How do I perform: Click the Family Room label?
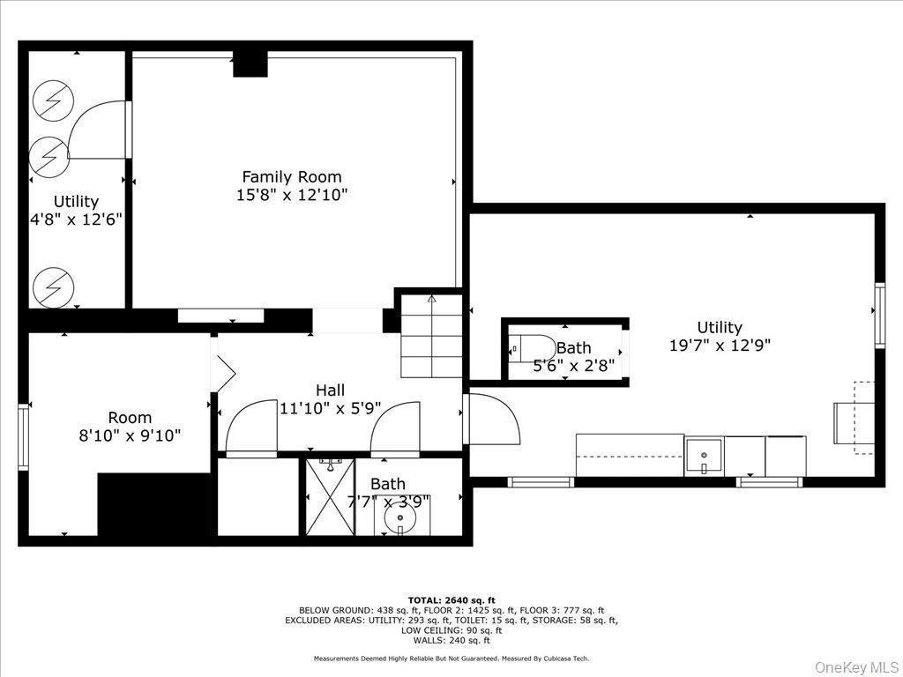click(292, 176)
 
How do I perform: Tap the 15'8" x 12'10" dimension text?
click(292, 195)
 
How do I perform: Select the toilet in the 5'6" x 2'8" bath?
click(534, 349)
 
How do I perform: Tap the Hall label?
click(331, 390)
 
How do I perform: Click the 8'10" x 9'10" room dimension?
click(130, 435)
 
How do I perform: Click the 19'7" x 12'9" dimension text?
click(720, 346)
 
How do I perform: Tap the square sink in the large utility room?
click(704, 456)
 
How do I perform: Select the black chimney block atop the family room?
click(250, 64)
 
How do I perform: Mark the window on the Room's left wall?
click(24, 435)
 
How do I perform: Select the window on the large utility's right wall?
click(879, 315)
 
